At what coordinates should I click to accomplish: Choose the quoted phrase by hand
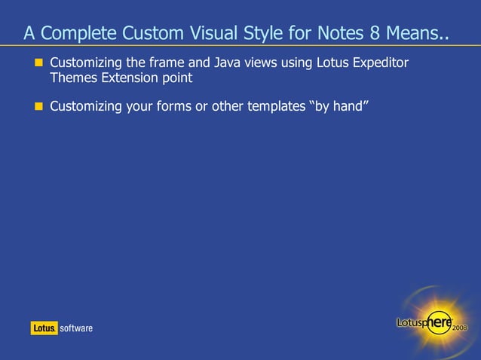pyautogui.click(x=339, y=106)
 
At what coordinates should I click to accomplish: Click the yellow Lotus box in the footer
pyautogui.click(x=44, y=328)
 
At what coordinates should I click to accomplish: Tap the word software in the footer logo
pyautogui.click(x=76, y=328)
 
